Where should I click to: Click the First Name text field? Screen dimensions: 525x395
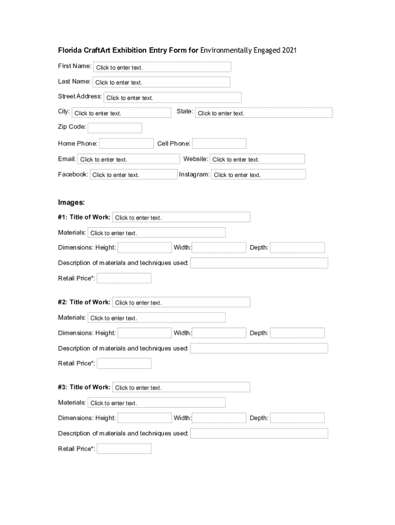162,67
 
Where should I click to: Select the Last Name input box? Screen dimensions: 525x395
161,82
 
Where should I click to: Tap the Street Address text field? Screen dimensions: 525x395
172,97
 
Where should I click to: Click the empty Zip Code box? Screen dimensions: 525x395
115,128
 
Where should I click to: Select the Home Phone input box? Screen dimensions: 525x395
126,144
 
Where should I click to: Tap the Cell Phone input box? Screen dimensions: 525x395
219,144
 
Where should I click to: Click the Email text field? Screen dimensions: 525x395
129,159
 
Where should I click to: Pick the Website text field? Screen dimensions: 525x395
257,159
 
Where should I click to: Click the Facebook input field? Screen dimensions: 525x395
133,174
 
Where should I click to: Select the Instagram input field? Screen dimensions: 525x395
259,174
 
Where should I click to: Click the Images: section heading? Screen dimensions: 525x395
71,203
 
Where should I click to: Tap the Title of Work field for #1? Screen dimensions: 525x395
181,217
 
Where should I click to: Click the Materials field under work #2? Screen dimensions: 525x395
156,318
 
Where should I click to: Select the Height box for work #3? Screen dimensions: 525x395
145,418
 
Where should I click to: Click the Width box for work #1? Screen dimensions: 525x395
219,248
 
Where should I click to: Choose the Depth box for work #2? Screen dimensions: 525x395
298,333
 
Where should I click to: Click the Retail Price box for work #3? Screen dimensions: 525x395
124,449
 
